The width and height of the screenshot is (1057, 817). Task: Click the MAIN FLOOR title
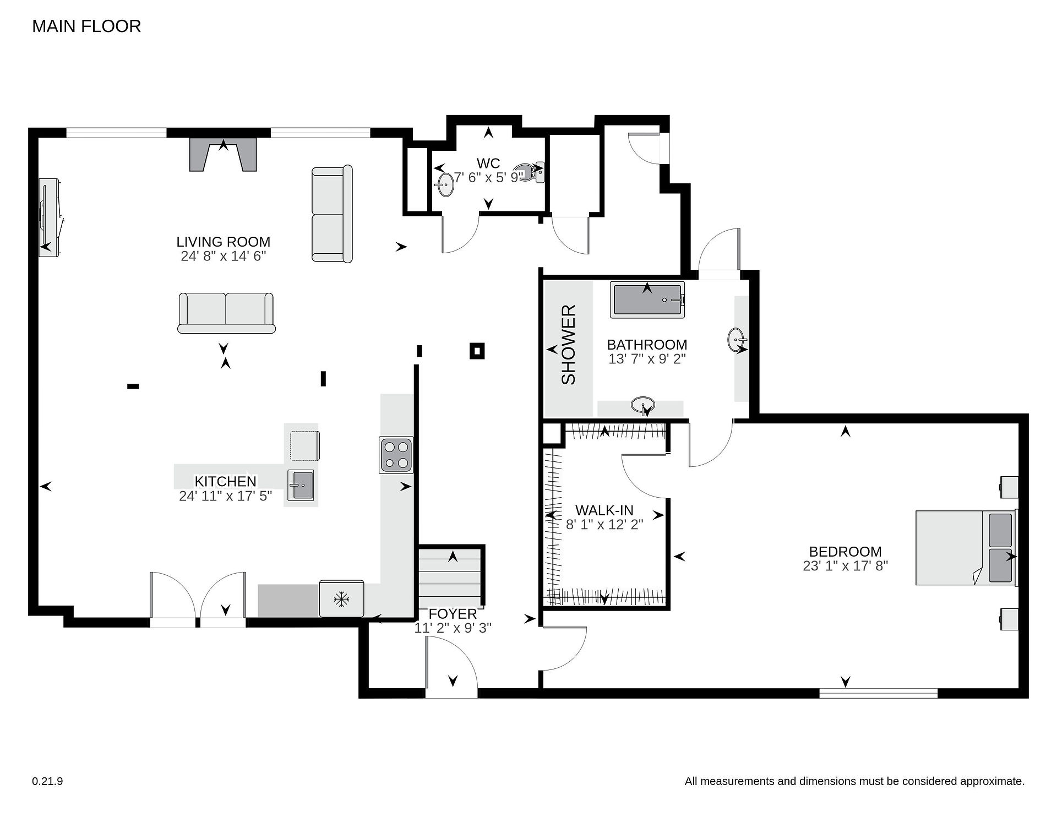(x=86, y=26)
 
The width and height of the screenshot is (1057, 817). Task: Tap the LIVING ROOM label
(x=223, y=242)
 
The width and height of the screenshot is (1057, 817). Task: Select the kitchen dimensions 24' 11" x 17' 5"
(x=226, y=497)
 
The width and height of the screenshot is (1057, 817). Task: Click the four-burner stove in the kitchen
(x=396, y=455)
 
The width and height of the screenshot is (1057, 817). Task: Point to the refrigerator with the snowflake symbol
(x=341, y=598)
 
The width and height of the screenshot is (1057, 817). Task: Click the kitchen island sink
(x=301, y=485)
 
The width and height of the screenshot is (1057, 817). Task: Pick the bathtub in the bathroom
(x=647, y=299)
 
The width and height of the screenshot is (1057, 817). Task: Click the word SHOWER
(x=568, y=345)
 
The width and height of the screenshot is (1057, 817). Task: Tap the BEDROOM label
(x=845, y=552)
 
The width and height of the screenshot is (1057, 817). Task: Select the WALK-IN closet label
(x=604, y=510)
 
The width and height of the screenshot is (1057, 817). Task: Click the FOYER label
(x=453, y=614)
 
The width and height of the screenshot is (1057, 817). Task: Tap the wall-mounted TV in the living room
(x=48, y=217)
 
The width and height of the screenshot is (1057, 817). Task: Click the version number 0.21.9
(x=47, y=781)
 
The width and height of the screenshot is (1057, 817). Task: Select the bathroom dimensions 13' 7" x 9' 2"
(x=647, y=359)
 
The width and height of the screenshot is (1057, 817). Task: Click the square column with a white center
(x=477, y=351)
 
